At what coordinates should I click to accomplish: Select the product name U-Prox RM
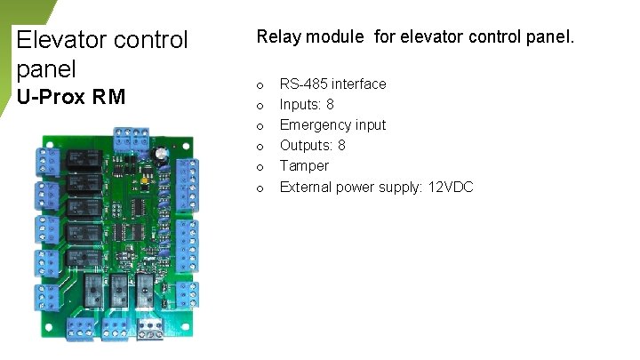[71, 97]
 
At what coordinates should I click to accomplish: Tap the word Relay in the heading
[278, 37]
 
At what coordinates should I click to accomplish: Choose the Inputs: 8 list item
[307, 104]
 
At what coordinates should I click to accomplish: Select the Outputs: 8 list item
[312, 145]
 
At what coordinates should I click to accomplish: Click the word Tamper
[304, 165]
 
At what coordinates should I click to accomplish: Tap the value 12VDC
[450, 187]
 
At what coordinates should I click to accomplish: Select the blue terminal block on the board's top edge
[131, 139]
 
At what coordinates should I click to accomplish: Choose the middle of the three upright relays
[118, 290]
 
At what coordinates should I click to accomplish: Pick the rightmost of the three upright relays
[145, 290]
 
